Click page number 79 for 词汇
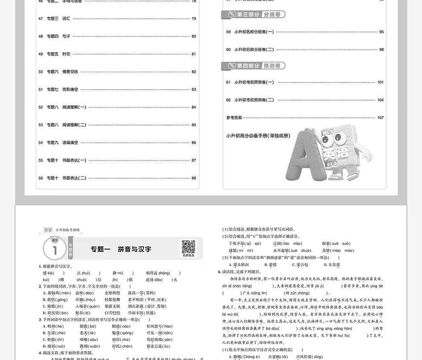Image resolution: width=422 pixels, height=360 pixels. click(x=194, y=19)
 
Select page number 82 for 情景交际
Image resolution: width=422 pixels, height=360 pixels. click(x=194, y=72)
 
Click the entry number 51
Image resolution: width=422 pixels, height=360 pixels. click(x=40, y=90)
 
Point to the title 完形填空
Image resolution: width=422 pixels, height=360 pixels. click(x=70, y=90)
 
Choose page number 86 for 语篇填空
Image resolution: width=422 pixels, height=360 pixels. click(x=194, y=142)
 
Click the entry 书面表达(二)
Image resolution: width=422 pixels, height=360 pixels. click(x=74, y=178)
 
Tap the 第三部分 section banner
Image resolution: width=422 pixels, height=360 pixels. click(x=253, y=15)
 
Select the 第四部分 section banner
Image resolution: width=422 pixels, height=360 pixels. click(x=253, y=66)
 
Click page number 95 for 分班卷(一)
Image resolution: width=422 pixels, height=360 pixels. click(x=381, y=32)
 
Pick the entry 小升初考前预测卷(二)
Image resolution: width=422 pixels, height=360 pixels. click(x=254, y=100)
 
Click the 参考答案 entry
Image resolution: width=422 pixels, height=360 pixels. click(x=234, y=118)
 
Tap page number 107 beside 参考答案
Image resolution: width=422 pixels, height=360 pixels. click(x=380, y=118)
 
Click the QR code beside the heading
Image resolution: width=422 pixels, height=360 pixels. click(x=188, y=247)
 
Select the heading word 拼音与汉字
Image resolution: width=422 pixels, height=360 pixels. click(x=134, y=249)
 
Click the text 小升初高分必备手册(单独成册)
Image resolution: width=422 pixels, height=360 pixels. click(x=258, y=136)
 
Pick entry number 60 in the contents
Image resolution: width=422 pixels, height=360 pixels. click(x=228, y=49)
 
